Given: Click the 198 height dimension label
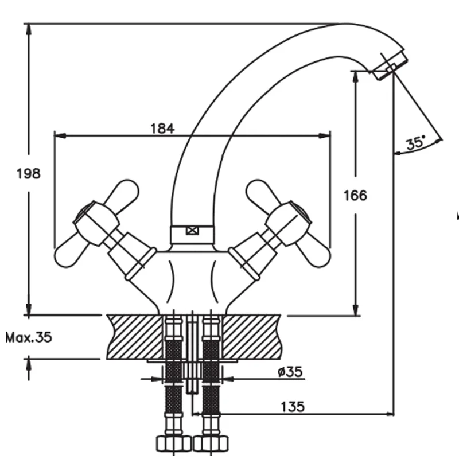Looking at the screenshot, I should [x=29, y=173].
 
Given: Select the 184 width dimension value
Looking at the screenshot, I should [x=162, y=129].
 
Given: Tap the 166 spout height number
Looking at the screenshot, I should [x=355, y=195].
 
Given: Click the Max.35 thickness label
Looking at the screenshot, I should [x=29, y=337].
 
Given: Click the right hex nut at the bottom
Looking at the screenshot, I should [x=210, y=444].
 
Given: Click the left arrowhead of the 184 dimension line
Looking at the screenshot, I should [x=57, y=136].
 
